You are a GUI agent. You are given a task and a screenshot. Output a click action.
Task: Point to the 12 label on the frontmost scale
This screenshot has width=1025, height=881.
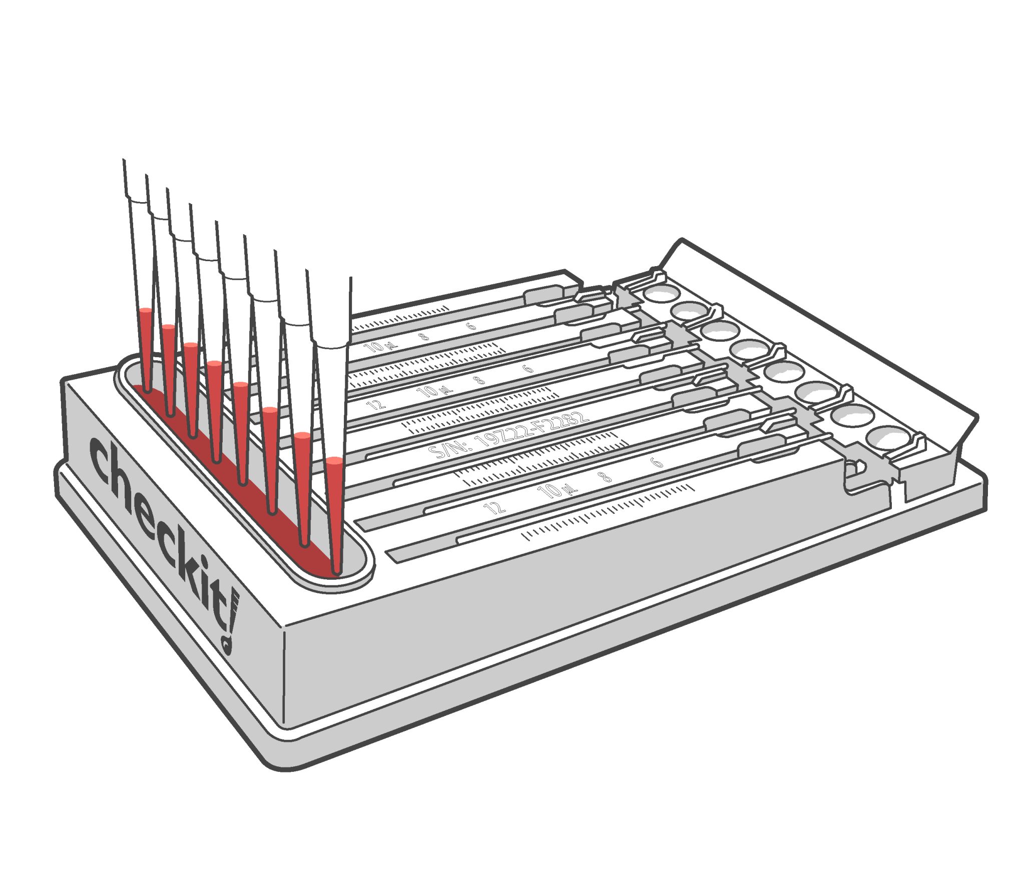(x=494, y=508)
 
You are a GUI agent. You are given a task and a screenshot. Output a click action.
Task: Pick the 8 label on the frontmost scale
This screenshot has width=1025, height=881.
(x=606, y=477)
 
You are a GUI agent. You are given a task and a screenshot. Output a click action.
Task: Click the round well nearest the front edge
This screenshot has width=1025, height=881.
(x=890, y=438)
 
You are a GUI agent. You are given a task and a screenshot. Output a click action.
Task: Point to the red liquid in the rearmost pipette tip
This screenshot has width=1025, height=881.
(x=145, y=345)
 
